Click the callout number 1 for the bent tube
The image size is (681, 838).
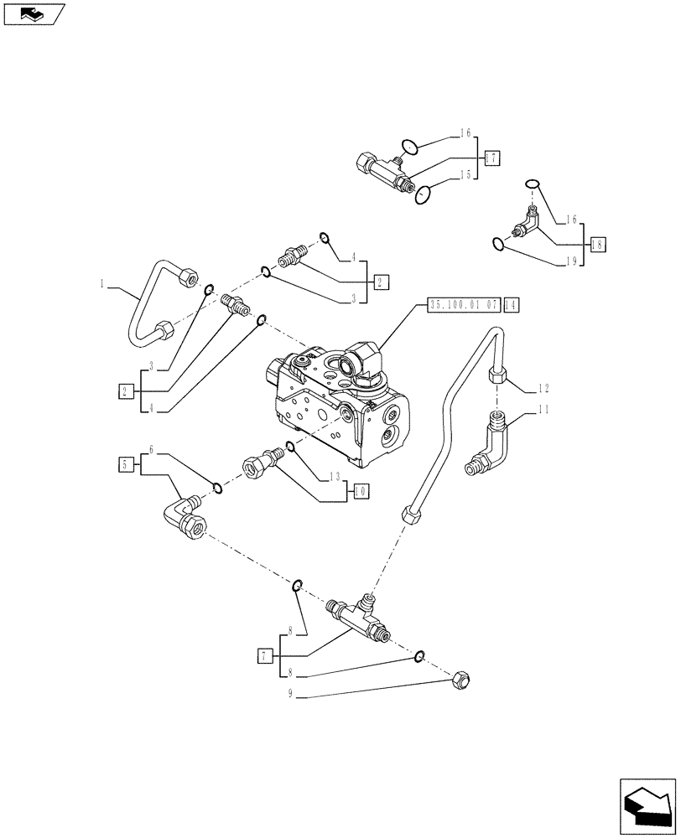(x=102, y=284)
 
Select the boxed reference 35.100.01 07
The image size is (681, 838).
(x=463, y=304)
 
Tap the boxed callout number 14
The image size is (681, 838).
(x=511, y=304)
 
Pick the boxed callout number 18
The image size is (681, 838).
(x=597, y=245)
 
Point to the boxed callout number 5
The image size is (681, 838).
(x=126, y=463)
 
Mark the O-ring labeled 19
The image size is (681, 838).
(x=498, y=244)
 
